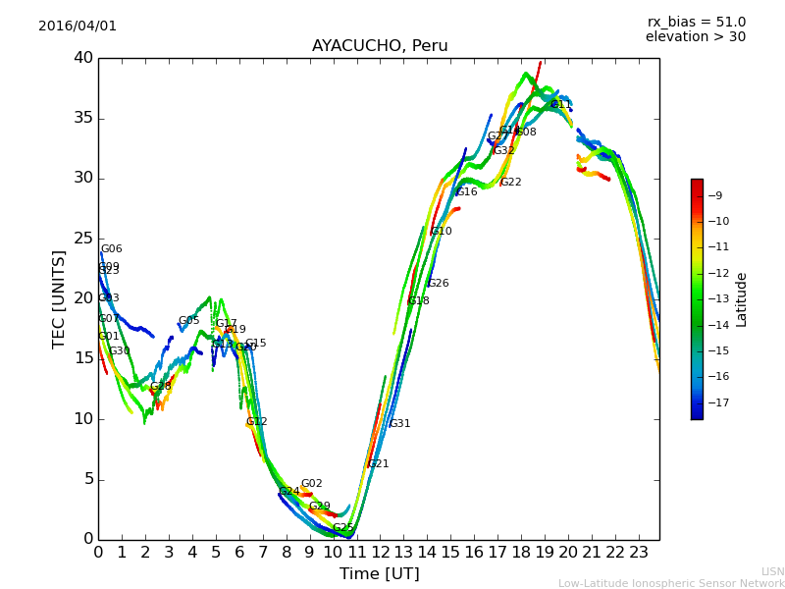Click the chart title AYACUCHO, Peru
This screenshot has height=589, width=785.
pos(379,46)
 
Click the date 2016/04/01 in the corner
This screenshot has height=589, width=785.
pos(78,27)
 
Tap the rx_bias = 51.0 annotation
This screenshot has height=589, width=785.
pos(696,23)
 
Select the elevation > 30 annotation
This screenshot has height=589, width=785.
pos(695,37)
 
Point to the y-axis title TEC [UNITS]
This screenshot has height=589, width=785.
pos(60,298)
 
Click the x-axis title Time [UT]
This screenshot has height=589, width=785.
pos(379,574)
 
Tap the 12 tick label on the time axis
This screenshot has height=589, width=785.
pos(380,553)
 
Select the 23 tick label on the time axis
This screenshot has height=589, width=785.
pos(638,553)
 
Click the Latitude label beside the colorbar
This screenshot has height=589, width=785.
pos(742,299)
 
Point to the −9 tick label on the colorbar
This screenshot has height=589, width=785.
pos(714,196)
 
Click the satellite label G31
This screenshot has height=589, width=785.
pos(400,424)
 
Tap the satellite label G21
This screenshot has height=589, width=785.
pos(379,464)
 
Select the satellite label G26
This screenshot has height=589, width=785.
pos(439,284)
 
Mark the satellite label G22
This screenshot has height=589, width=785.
pos(511,183)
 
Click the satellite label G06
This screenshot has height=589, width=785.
pos(112,249)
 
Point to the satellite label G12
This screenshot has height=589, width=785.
pos(257,422)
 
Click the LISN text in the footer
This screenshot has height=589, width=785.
pos(773,571)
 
